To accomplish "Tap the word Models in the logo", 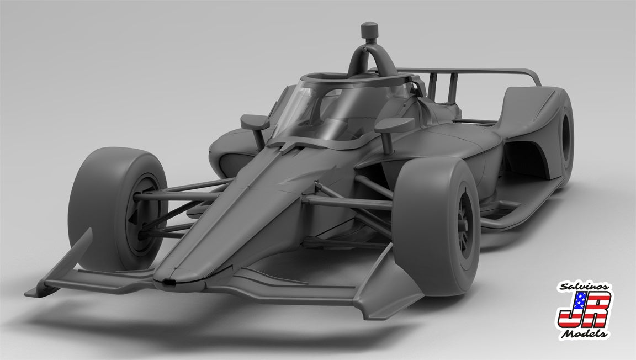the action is (x=585, y=333).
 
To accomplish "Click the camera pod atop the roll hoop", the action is (x=369, y=30).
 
